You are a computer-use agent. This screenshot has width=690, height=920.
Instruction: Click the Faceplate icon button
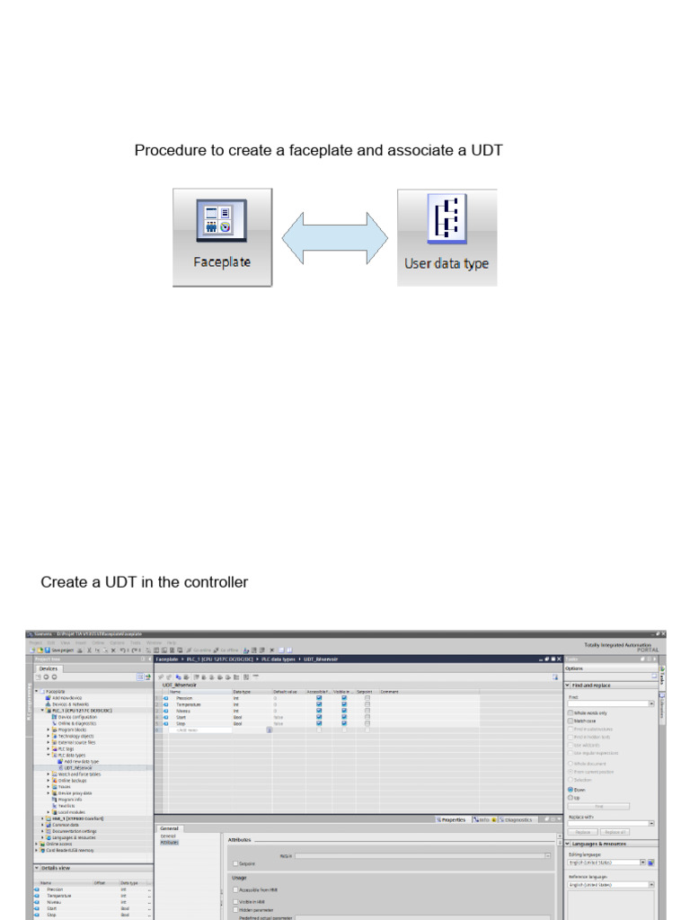tap(222, 237)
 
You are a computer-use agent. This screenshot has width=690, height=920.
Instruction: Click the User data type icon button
tap(447, 237)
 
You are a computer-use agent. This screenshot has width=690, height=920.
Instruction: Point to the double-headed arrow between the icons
tap(334, 238)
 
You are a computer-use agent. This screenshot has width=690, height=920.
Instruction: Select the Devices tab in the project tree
tap(48, 668)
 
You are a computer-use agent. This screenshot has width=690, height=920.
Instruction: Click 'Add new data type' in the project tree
tap(82, 761)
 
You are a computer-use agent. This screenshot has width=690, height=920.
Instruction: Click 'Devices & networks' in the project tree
tap(73, 704)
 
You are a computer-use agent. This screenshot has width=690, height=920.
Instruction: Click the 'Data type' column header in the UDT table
tap(242, 692)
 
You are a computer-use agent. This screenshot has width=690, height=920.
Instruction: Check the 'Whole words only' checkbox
tap(571, 712)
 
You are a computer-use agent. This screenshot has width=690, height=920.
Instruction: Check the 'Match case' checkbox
tap(571, 721)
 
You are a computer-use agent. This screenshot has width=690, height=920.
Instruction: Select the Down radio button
tap(571, 790)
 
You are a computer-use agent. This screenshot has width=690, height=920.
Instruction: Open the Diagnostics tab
tap(516, 819)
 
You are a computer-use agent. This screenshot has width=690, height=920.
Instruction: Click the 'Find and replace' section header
tap(593, 685)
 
